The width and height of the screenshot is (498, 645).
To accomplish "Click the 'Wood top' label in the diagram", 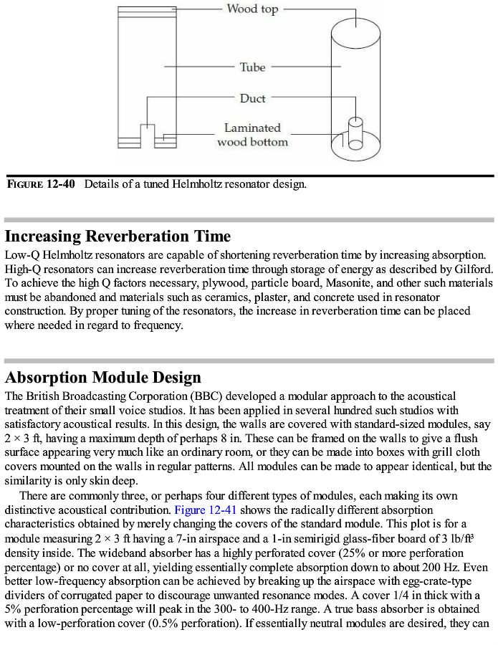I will point(252,9).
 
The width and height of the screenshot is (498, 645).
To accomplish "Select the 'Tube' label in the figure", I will point(252,67).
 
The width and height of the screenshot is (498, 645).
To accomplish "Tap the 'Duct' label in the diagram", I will point(252,98).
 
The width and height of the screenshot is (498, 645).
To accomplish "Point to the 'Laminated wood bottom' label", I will point(252,135).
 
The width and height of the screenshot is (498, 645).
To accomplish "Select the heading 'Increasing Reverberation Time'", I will point(118,236).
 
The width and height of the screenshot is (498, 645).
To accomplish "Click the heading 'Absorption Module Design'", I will point(103,378).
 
